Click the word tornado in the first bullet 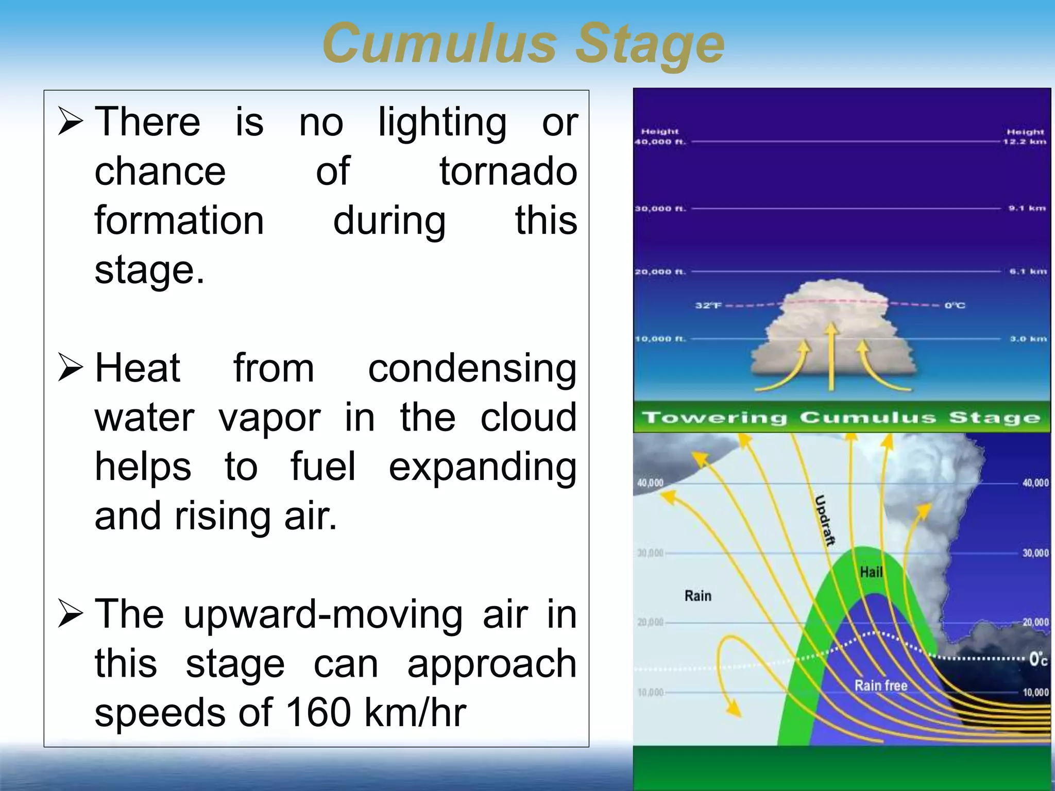(508, 171)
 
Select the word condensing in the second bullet (472, 369)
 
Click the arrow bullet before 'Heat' (71, 367)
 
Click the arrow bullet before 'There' (71, 121)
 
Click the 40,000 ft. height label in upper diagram (660, 142)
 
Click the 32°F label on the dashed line (708, 305)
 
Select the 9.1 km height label (1027, 209)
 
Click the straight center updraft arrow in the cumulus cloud (831, 355)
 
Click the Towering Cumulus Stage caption (841, 417)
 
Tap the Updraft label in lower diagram (825, 520)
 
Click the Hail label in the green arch (871, 572)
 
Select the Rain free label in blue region (880, 685)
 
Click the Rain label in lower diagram (697, 596)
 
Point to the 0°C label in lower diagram (1037, 659)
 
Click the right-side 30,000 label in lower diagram (1035, 553)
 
